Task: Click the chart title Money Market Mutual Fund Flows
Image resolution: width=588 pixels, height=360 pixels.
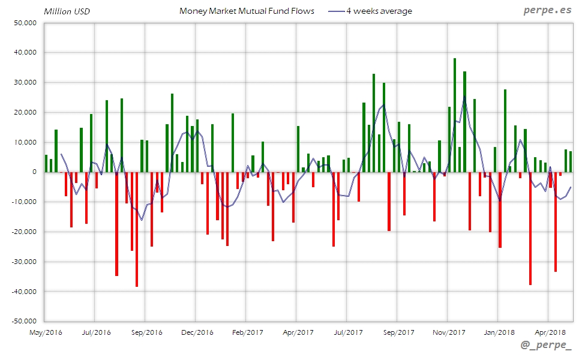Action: pyautogui.click(x=247, y=11)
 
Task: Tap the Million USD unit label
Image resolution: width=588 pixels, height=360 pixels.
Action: pyautogui.click(x=67, y=11)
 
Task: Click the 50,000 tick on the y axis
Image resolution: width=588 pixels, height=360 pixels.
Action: pyautogui.click(x=25, y=23)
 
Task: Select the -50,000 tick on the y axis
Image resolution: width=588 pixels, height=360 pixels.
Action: pyautogui.click(x=23, y=322)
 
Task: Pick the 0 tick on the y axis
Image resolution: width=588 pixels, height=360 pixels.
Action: pyautogui.click(x=34, y=172)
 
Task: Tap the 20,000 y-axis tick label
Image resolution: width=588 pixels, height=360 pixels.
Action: pyautogui.click(x=25, y=112)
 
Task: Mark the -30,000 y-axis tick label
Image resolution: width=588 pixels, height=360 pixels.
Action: pyautogui.click(x=23, y=262)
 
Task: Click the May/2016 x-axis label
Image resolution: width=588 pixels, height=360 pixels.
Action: pyautogui.click(x=46, y=332)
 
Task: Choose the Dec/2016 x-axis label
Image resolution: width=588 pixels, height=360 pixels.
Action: pyautogui.click(x=197, y=332)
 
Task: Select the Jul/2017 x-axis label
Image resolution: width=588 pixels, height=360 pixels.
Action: pyautogui.click(x=348, y=332)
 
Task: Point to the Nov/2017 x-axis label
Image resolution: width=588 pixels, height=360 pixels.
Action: pyautogui.click(x=449, y=332)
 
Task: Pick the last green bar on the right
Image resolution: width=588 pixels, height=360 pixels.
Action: pyautogui.click(x=571, y=161)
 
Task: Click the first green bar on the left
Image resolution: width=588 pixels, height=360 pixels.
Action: pyautogui.click(x=46, y=163)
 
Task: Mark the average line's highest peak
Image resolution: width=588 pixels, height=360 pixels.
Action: pyautogui.click(x=464, y=96)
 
